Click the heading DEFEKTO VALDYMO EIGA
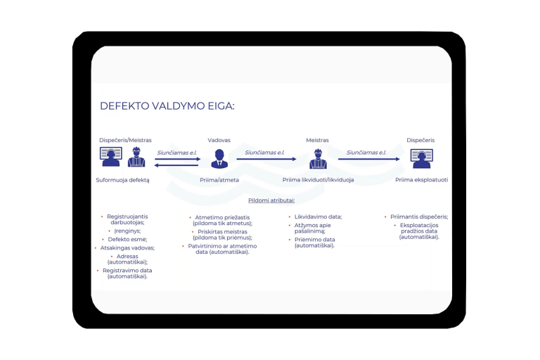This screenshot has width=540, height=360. pos(167,106)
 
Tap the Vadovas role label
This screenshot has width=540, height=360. pos(219,140)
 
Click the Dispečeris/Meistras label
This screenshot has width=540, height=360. pos(125,140)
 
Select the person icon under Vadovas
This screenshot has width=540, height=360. pos(219,159)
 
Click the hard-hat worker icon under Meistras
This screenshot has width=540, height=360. pos(318,160)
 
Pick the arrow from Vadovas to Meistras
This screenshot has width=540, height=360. pos(265,160)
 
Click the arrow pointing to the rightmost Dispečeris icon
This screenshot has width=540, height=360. pos(368,160)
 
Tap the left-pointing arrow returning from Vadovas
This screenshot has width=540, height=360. pos(176,165)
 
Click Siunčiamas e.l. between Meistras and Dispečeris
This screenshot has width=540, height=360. pos(366,152)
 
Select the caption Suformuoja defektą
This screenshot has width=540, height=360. pos(122,180)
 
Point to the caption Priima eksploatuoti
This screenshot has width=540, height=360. pos(421,180)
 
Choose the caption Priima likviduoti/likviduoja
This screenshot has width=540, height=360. pos(318,180)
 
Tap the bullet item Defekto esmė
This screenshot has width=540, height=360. pos(127,239)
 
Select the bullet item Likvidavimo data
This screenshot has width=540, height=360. pos(318,217)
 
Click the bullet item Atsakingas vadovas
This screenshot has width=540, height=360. pos(127,247)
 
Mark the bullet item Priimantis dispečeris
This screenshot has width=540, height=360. pos(419,217)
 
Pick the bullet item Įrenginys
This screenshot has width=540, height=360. pos(128,231)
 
